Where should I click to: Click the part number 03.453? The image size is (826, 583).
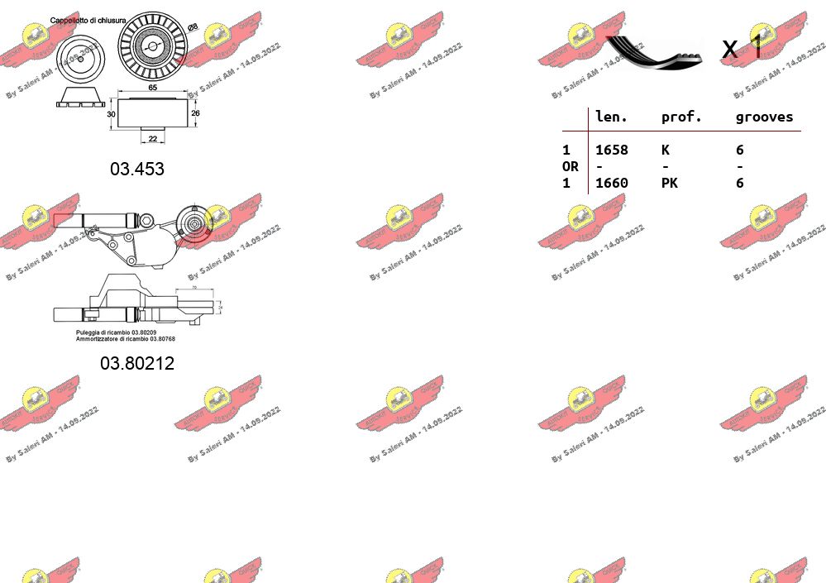[x=137, y=169]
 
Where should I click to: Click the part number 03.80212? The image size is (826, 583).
[x=137, y=363]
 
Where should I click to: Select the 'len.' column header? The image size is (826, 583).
[x=612, y=117]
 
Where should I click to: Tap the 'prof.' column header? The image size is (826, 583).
[x=681, y=117]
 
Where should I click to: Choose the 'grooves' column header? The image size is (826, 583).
[x=764, y=117]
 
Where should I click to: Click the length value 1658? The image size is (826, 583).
[x=612, y=150]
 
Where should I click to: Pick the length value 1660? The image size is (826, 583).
[x=612, y=183]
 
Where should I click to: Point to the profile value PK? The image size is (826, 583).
[x=670, y=183]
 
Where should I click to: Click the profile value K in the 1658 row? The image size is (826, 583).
[x=666, y=150]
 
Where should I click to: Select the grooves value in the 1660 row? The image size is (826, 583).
[x=740, y=183]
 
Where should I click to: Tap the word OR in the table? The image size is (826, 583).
[x=571, y=166]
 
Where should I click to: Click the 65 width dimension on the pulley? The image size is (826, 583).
[x=153, y=87]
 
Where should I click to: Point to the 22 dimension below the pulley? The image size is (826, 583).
[x=152, y=138]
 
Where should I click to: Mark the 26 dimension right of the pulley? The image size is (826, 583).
[x=195, y=113]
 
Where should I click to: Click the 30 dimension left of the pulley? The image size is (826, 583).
[x=111, y=114]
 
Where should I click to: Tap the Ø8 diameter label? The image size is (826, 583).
[x=193, y=27]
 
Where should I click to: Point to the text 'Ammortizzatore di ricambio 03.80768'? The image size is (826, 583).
[x=126, y=339]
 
